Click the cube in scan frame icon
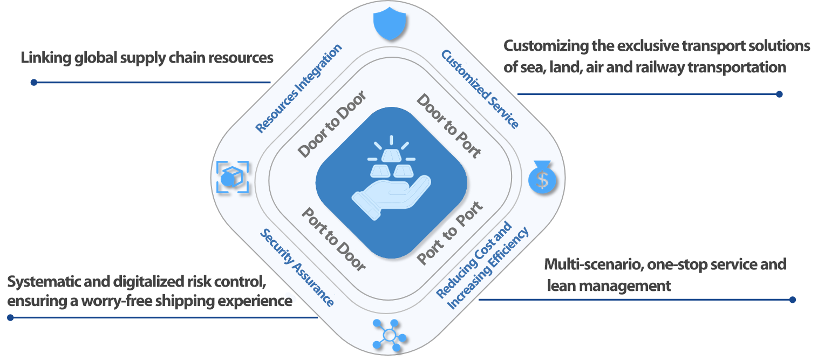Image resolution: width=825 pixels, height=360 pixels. pos(233,176)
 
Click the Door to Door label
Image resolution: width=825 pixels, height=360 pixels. pos(332,125)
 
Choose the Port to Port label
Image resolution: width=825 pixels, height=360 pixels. pos(450,233)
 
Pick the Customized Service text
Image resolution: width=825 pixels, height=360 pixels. pos(480,89)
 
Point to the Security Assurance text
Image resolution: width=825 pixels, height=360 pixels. pos(297,267)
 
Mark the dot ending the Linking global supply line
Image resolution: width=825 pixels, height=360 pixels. pos(33,83)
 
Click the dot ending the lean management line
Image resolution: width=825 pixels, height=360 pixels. pos(792,300)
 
